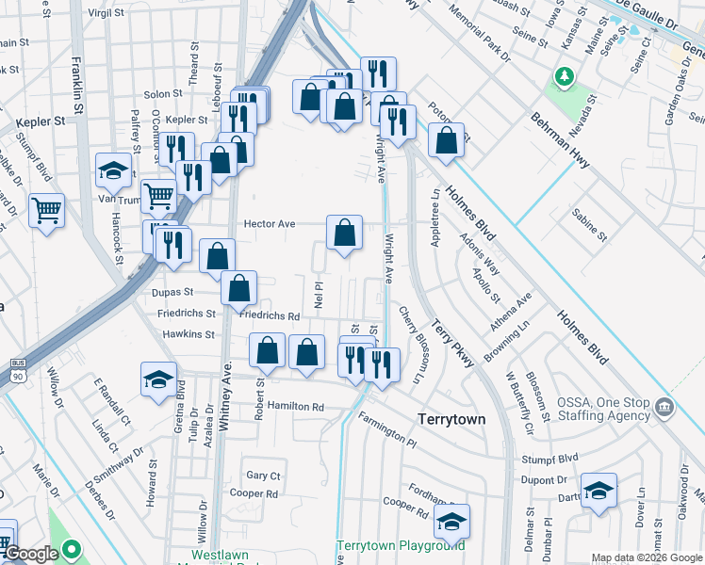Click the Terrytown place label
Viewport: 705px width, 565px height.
coord(451,418)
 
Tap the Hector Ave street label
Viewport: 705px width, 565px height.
coord(270,224)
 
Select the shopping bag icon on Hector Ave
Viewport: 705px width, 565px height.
coord(345,232)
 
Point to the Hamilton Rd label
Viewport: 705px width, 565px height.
coord(295,406)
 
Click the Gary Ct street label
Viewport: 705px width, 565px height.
coord(263,476)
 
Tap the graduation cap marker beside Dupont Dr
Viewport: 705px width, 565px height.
coord(598,491)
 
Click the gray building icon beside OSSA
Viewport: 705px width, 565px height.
coord(665,408)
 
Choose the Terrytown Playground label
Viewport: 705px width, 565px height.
coord(402,545)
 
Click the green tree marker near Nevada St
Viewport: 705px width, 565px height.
coord(565,75)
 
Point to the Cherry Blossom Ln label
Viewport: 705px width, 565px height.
coord(412,346)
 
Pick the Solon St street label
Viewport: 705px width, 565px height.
coord(162,94)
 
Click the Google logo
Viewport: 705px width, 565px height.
coord(31,555)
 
